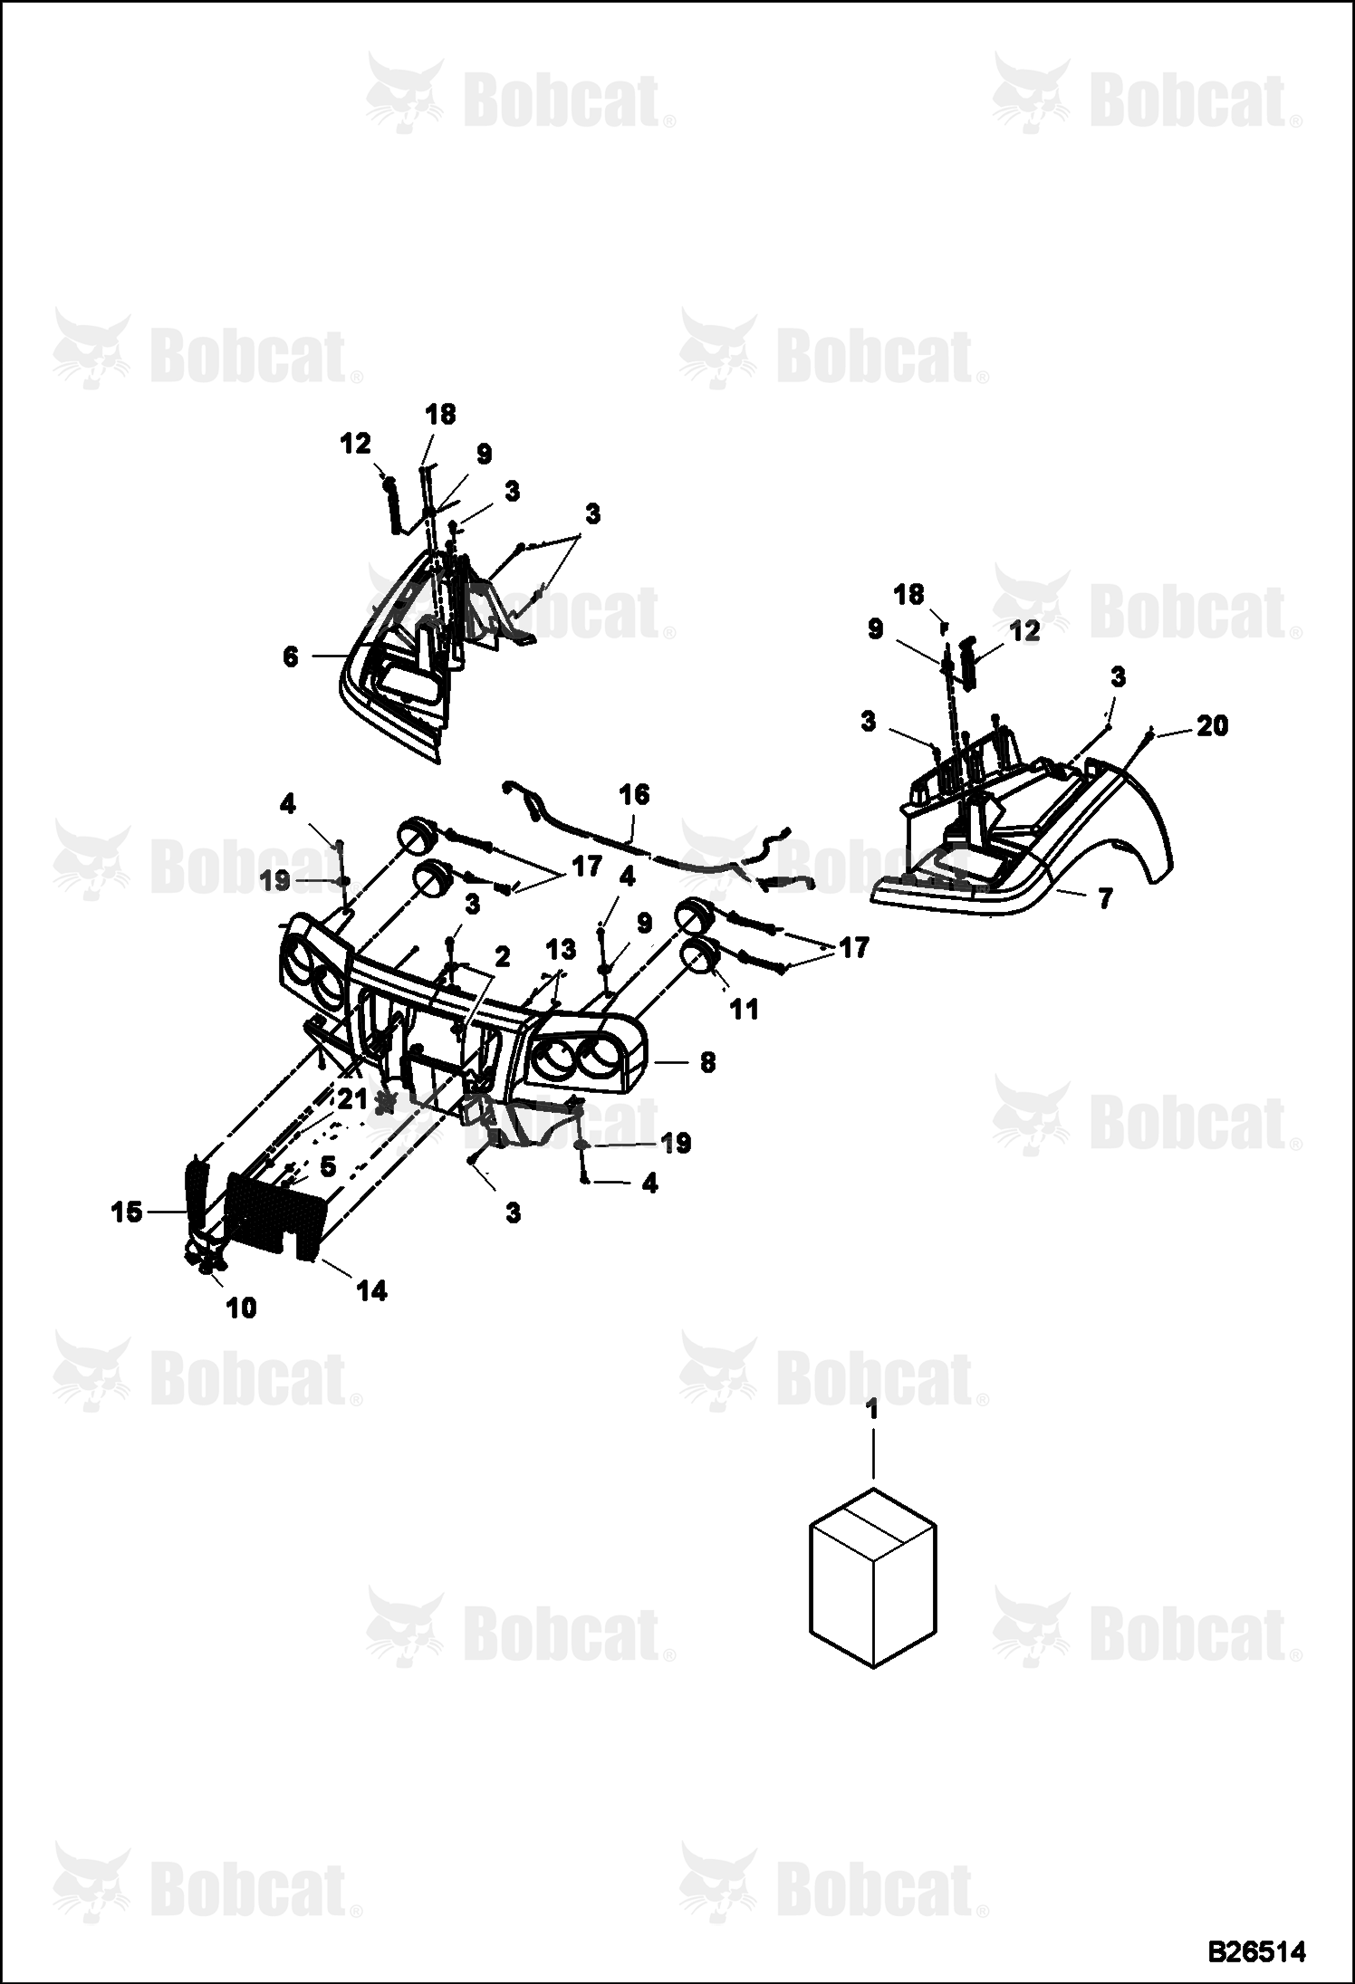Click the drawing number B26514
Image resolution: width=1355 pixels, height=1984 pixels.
[1258, 1950]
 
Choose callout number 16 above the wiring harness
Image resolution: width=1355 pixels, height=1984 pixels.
[634, 794]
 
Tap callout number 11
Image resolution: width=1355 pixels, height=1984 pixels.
[744, 1008]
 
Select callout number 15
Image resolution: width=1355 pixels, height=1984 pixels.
[127, 1212]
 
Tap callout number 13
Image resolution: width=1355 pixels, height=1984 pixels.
[561, 950]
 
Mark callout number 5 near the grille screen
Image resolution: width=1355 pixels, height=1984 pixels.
[327, 1166]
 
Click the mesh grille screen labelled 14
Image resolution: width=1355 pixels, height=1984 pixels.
[274, 1214]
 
